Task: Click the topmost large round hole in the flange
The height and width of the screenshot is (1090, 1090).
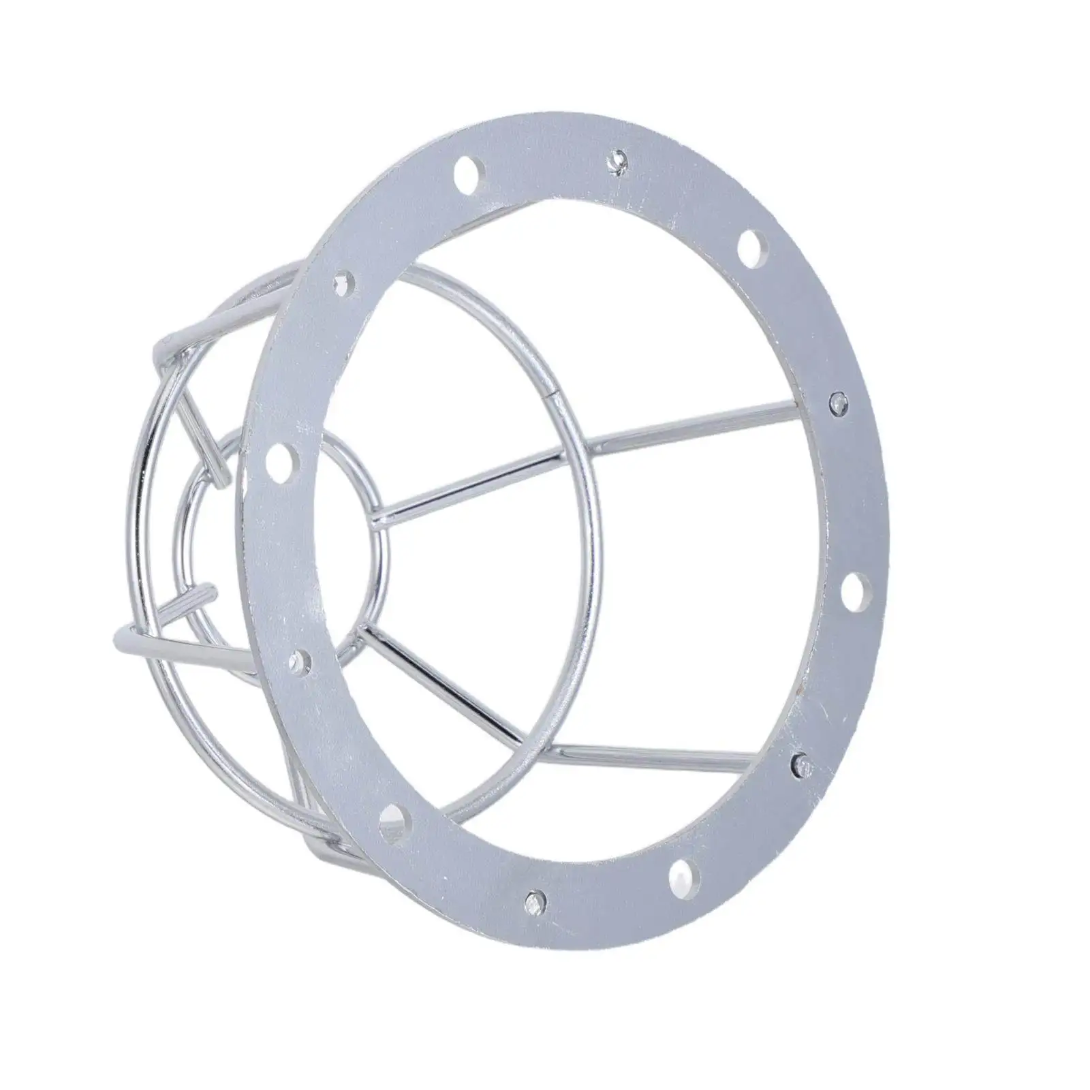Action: (467, 168)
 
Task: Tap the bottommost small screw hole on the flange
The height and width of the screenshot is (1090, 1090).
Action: (533, 898)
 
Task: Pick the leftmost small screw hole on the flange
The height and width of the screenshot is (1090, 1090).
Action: (298, 659)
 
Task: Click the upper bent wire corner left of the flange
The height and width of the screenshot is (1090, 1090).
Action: (163, 346)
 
